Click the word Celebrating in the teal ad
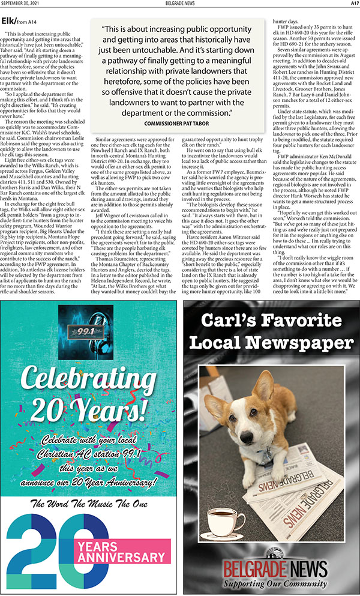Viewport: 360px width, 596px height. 89,379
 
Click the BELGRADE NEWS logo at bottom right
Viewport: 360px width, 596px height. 271,568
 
